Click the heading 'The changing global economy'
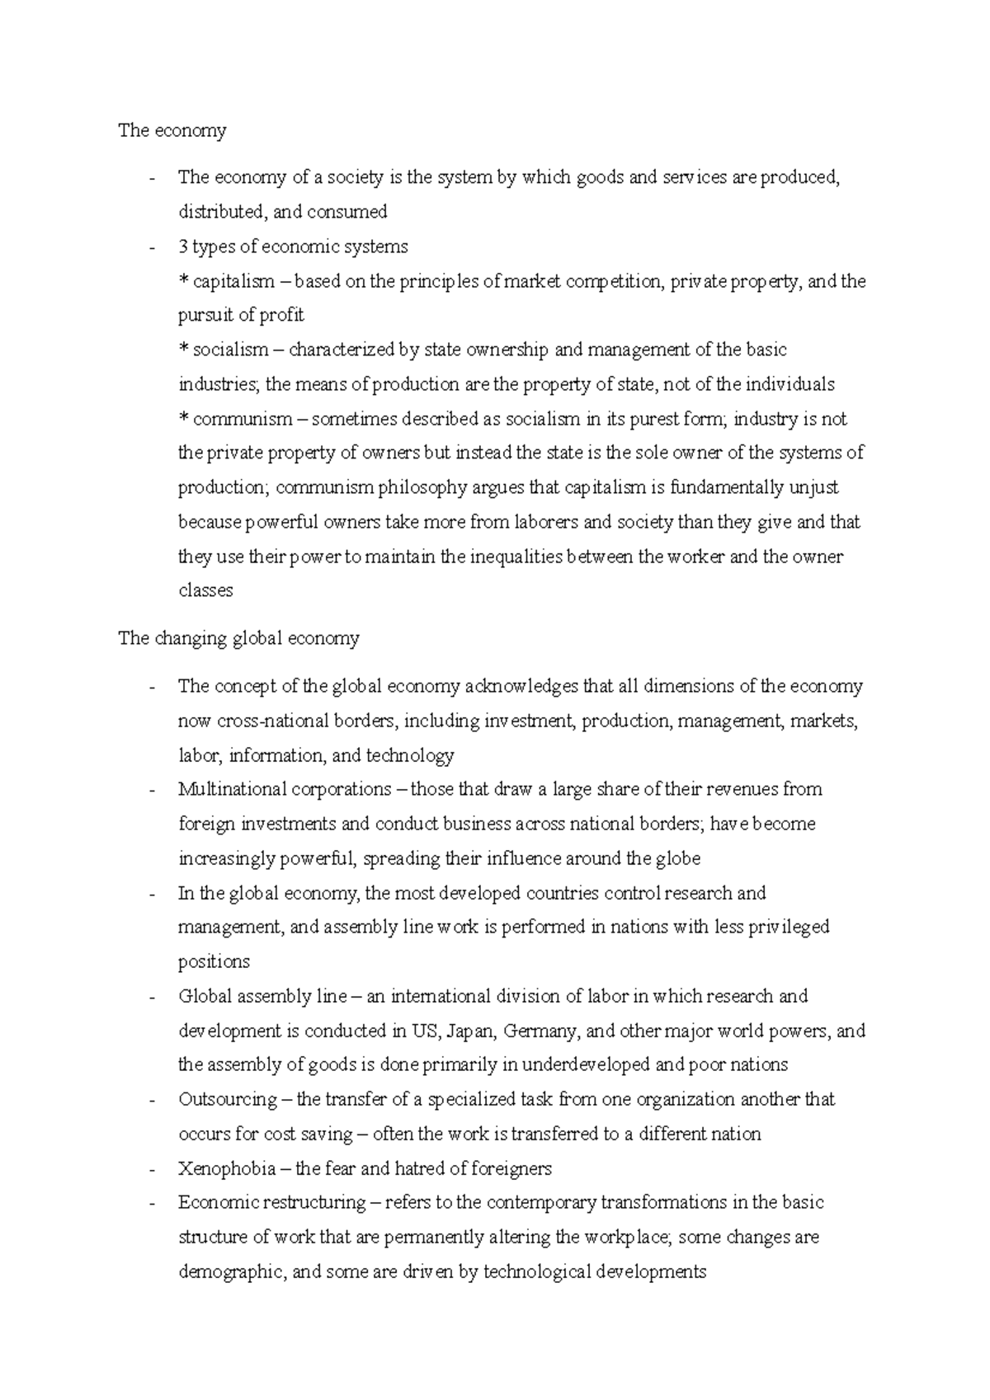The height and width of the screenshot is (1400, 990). pos(238,638)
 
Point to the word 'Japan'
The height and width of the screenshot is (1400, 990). pos(467,1031)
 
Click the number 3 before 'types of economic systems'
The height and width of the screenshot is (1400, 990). pos(182,247)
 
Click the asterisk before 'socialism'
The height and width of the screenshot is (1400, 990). pos(183,350)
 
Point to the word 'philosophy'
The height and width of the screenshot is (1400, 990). pos(422,487)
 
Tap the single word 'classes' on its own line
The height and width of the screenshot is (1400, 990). pos(205,590)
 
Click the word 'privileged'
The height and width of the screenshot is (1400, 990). pos(788,927)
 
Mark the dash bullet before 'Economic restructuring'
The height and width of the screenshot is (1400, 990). pos(151,1203)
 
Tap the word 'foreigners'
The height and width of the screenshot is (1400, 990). pos(511,1168)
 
